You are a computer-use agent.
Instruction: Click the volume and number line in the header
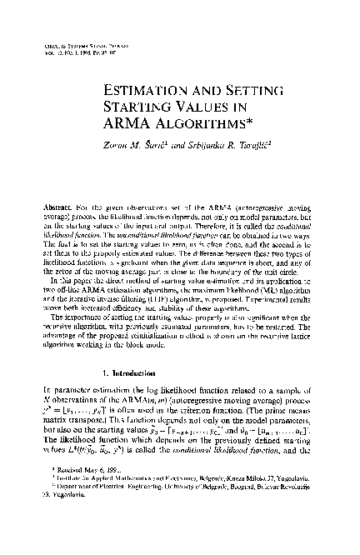86,46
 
